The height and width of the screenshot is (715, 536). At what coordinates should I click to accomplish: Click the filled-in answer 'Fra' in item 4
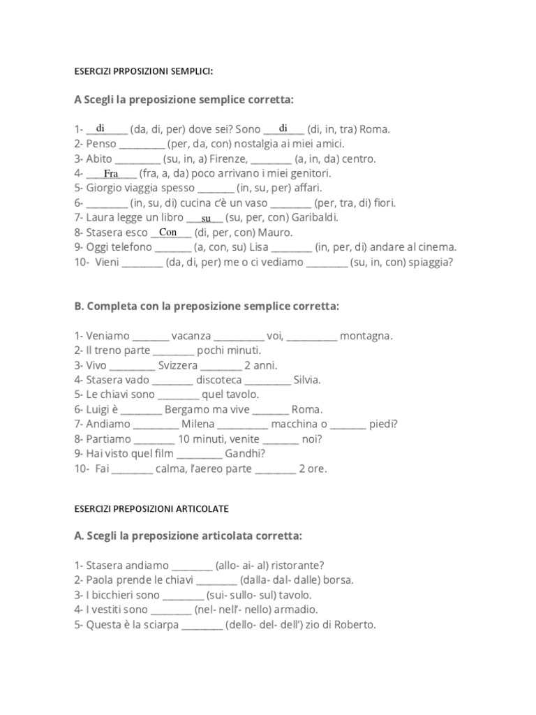(x=111, y=173)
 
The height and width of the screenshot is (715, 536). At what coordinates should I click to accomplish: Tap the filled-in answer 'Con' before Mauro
(x=168, y=232)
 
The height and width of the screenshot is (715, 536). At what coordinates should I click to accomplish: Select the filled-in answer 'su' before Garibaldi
(x=206, y=219)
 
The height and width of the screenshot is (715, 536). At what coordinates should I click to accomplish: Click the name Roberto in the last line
(x=354, y=624)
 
